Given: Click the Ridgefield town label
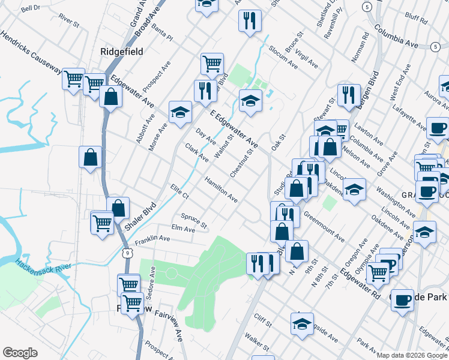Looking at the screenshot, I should (122, 52).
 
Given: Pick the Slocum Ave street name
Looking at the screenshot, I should (283, 55).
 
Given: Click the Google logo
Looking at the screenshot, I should (20, 353).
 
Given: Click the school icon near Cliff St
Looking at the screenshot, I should (302, 323).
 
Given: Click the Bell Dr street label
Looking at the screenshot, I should (30, 9).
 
